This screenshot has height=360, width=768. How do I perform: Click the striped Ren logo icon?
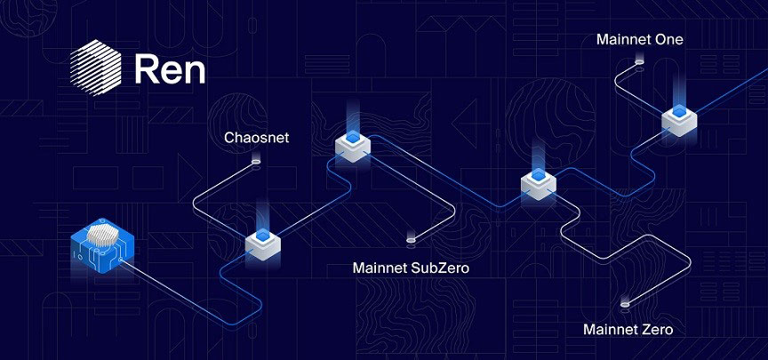[95, 68]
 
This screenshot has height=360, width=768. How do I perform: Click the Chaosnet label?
[256, 139]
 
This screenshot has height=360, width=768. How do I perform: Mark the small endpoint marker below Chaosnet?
[257, 162]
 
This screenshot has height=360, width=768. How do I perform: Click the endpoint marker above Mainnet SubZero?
[410, 240]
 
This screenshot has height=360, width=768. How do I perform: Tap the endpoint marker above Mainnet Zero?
[624, 304]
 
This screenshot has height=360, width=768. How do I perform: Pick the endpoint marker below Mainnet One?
[639, 64]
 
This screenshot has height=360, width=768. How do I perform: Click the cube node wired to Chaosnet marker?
[263, 244]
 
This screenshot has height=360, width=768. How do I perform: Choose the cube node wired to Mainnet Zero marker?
[538, 183]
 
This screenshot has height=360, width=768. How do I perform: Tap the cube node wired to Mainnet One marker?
[679, 120]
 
